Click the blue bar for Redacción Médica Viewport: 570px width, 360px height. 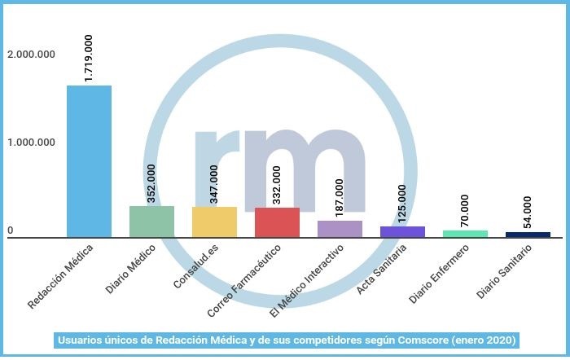click(89, 161)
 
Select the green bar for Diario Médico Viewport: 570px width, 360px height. click(151, 222)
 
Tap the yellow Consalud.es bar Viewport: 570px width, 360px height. click(214, 222)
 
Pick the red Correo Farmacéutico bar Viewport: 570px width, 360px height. click(277, 222)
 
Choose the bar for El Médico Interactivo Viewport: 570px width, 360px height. click(340, 229)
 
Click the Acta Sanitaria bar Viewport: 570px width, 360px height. click(402, 232)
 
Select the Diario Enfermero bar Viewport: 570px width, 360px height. click(465, 234)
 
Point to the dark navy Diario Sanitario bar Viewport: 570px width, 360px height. click(528, 235)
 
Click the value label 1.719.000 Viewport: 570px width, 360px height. click(89, 57)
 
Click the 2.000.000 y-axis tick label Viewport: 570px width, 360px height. click(31, 55)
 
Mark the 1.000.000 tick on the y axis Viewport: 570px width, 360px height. click(31, 143)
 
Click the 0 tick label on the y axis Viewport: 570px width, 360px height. click(11, 231)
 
